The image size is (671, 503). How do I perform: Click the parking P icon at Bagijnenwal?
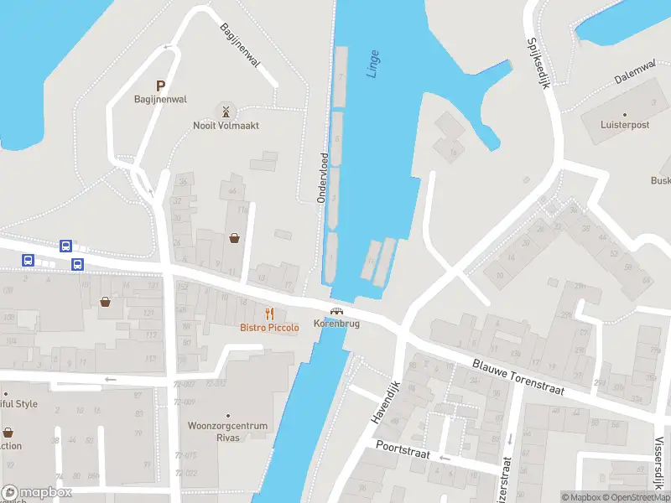pyautogui.click(x=160, y=86)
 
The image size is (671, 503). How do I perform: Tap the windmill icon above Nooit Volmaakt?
pyautogui.click(x=225, y=111)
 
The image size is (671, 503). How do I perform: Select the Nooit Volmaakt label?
pyautogui.click(x=226, y=126)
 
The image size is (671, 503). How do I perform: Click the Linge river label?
pyautogui.click(x=373, y=65)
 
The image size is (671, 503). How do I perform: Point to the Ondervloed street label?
pyautogui.click(x=321, y=178)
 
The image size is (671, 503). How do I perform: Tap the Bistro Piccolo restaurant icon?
pyautogui.click(x=269, y=313)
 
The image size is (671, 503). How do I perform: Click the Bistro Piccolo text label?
pyautogui.click(x=269, y=327)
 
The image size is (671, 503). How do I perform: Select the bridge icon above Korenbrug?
pyautogui.click(x=336, y=311)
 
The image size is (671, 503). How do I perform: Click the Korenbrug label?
pyautogui.click(x=336, y=324)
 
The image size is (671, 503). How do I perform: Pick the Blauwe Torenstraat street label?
pyautogui.click(x=518, y=377)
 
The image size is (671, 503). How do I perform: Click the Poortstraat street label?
pyautogui.click(x=403, y=451)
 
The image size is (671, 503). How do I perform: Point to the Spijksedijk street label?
pyautogui.click(x=538, y=64)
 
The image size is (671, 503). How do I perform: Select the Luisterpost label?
pyautogui.click(x=624, y=125)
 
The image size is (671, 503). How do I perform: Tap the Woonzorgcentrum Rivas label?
pyautogui.click(x=228, y=431)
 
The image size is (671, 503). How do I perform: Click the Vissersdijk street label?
pyautogui.click(x=660, y=461)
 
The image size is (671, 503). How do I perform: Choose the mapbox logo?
pyautogui.click(x=37, y=493)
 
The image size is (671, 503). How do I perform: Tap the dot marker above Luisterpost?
pyautogui.click(x=624, y=114)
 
